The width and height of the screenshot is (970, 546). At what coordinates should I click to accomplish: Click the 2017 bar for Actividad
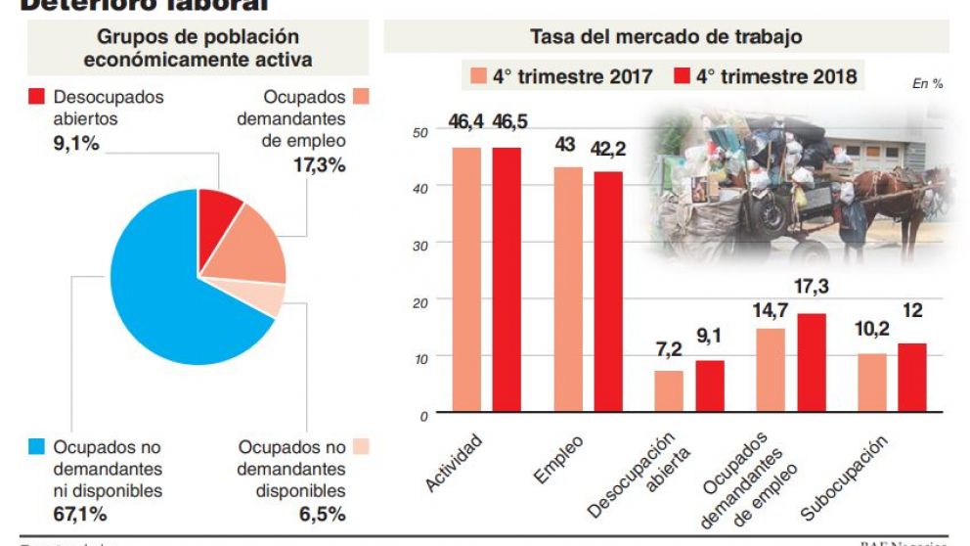[465, 279]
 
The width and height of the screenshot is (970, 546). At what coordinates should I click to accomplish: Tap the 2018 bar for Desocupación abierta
[710, 386]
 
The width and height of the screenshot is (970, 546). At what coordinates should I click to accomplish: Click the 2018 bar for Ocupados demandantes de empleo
[811, 362]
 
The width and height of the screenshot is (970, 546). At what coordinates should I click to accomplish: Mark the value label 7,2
[668, 348]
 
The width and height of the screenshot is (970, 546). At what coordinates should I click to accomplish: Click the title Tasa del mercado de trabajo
[666, 36]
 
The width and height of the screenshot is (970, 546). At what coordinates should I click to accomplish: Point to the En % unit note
[927, 84]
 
